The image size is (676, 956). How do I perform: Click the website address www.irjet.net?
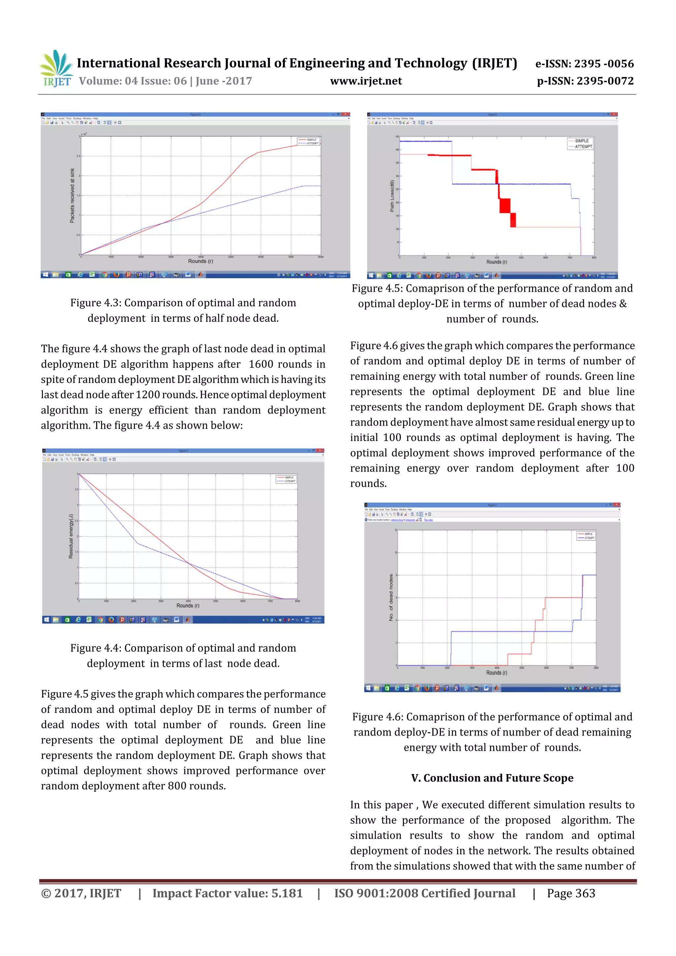point(366,81)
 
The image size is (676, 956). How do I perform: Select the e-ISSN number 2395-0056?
point(604,64)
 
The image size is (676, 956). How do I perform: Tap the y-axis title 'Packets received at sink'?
point(72,195)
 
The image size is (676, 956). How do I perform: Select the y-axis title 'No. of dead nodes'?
point(391,597)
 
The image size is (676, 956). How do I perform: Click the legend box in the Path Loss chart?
point(580,144)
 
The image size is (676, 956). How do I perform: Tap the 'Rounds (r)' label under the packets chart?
point(200,261)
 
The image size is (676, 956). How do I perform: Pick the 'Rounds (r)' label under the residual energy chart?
point(188,605)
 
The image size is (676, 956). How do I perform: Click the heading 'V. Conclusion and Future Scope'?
point(492,778)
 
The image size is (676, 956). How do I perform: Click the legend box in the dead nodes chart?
point(586,536)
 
